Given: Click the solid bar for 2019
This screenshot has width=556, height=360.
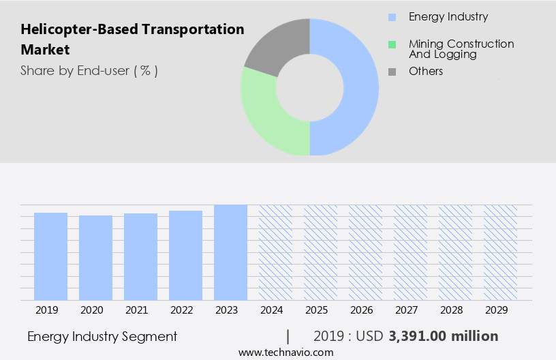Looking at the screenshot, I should click(50, 256).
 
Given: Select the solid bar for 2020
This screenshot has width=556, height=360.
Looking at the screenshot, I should click(95, 258).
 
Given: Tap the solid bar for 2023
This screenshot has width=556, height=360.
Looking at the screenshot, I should click(230, 252).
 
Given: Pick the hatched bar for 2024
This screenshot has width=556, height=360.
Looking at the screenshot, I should click(275, 252).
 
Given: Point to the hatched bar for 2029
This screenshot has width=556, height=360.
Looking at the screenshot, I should click(500, 252).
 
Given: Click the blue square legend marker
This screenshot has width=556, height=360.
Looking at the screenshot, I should click(392, 17).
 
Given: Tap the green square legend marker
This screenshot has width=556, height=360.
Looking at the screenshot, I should click(392, 44).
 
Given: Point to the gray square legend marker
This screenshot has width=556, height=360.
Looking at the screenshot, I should click(392, 72).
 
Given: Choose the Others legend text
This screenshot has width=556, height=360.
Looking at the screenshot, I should click(426, 72).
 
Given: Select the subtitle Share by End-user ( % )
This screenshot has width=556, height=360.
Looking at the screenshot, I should click(89, 70).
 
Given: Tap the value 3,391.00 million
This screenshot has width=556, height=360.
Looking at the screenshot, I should click(444, 336).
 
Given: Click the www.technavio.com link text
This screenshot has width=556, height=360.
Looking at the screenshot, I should click(286, 352).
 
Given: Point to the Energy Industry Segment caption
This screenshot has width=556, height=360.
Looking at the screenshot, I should click(102, 336).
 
